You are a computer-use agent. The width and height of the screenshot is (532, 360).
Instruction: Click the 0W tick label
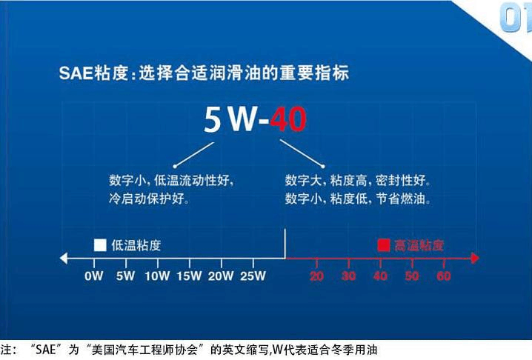[94, 276]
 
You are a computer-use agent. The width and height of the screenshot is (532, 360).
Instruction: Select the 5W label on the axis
[125, 276]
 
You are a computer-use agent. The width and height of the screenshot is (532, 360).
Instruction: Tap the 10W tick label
[157, 276]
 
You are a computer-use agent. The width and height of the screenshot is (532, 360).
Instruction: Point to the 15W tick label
[190, 276]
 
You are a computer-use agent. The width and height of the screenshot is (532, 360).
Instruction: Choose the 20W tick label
[221, 276]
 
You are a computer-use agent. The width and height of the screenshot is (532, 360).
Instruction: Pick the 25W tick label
[253, 276]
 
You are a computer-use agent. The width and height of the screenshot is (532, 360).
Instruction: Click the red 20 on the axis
[316, 276]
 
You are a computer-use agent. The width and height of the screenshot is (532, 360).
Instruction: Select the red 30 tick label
[348, 276]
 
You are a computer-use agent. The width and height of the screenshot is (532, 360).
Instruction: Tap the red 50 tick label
[412, 276]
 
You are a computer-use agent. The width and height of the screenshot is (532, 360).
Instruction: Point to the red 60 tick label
[444, 276]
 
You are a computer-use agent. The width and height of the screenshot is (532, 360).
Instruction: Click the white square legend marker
[100, 245]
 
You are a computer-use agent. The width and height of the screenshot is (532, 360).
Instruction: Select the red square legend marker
[384, 245]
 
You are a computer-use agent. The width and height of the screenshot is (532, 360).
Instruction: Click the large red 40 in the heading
[288, 119]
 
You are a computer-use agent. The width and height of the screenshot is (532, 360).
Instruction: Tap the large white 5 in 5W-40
[213, 120]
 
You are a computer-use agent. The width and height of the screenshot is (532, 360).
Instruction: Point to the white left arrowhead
[64, 259]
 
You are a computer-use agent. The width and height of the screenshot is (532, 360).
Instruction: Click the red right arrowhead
[475, 259]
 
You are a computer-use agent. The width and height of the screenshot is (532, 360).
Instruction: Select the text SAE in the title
[76, 73]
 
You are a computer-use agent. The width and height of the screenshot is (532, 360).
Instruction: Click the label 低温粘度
[136, 245]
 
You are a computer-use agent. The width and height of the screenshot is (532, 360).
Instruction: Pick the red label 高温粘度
[419, 245]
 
